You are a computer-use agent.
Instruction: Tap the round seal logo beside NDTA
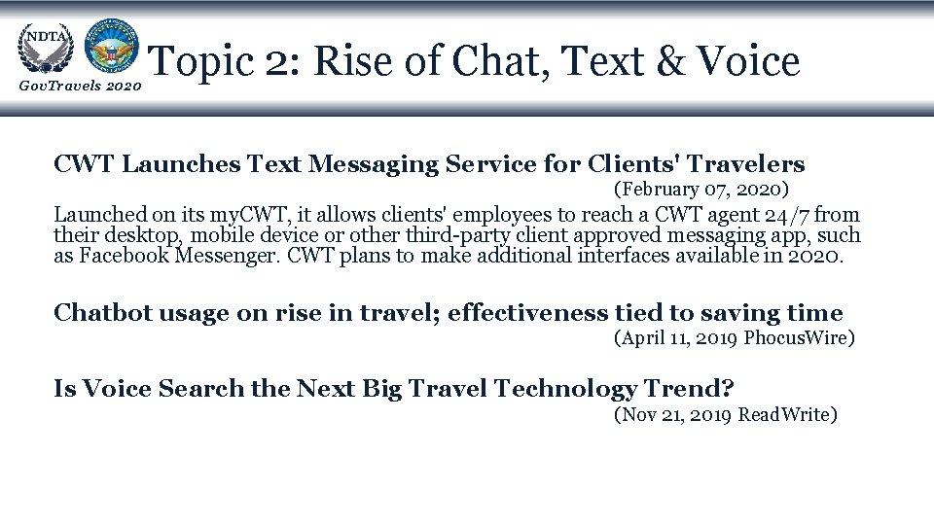[111, 46]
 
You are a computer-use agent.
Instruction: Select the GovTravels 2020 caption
[80, 88]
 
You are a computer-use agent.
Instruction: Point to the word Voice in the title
[750, 62]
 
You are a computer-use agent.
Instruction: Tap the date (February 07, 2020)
[700, 189]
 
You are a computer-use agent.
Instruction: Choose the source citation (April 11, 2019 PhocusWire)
[735, 338]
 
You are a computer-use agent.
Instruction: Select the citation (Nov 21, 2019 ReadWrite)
[725, 415]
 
